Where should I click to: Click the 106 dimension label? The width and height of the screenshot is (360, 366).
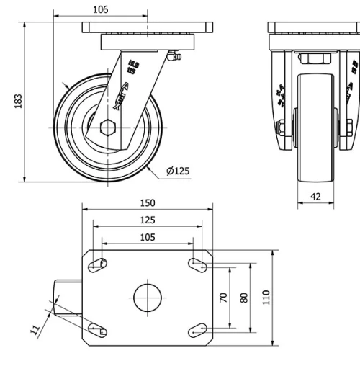click(101, 9)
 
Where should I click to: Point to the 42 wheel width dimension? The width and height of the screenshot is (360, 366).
click(315, 196)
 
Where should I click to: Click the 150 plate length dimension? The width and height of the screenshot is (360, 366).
click(147, 203)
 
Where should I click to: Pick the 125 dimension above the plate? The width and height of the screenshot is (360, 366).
click(147, 220)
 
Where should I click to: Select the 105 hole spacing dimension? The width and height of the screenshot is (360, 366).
click(147, 236)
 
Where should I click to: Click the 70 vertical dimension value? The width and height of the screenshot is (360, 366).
click(224, 297)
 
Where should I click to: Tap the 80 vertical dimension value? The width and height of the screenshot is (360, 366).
click(244, 297)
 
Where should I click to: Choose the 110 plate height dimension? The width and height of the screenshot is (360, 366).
click(266, 297)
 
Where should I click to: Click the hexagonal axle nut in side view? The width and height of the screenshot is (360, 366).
click(108, 128)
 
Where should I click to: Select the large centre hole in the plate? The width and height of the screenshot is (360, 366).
click(147, 297)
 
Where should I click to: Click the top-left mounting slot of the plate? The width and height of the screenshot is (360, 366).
click(99, 264)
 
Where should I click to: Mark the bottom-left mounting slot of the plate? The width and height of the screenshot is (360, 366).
click(99, 330)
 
